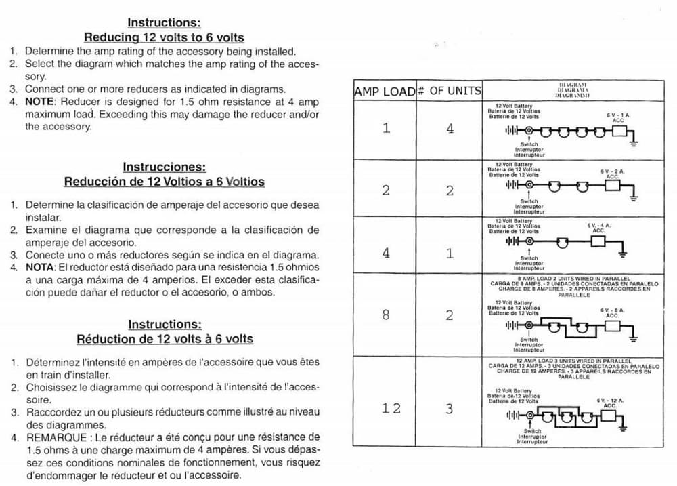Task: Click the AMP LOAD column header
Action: click(385, 91)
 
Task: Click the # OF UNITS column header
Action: click(449, 91)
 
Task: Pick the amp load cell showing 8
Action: click(386, 315)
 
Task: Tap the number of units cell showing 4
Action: click(450, 129)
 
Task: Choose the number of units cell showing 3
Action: click(450, 408)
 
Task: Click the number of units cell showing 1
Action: click(450, 253)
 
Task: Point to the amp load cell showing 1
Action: click(386, 129)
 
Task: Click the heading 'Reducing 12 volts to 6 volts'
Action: click(164, 37)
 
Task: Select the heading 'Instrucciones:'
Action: click(164, 167)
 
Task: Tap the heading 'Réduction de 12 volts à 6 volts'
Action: click(165, 339)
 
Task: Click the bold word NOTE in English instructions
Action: click(39, 102)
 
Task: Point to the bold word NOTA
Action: click(39, 267)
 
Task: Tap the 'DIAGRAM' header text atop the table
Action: click(573, 84)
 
